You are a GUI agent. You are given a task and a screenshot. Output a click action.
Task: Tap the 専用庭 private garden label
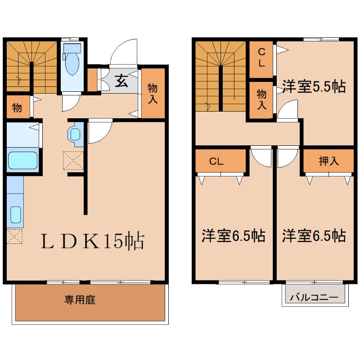80,300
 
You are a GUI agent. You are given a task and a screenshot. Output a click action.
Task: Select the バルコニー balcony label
314,297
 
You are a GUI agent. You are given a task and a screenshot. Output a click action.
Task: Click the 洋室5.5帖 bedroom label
314,86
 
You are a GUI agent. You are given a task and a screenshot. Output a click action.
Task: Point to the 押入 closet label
329,161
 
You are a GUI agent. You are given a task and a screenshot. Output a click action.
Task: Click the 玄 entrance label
121,81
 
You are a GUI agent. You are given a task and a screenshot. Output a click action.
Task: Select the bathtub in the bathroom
22,161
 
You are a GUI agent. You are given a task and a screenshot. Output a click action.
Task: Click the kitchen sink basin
16,215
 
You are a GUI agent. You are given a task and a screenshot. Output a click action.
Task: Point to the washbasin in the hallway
75,134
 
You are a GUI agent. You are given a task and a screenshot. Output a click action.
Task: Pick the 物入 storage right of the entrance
153,93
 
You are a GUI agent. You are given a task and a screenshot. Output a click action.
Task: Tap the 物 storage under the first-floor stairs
18,107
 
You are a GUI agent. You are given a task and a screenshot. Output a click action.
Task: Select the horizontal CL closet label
216,162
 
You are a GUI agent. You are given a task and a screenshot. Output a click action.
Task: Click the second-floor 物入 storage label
261,99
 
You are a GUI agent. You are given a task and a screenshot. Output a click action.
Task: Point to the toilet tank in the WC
72,48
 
